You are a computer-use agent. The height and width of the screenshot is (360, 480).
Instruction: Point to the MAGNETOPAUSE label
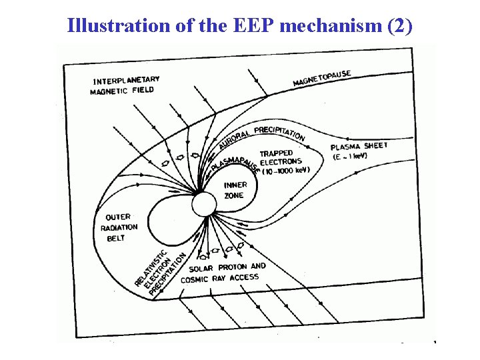coord(322,78)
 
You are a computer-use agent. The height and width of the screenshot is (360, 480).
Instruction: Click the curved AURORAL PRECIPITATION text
coord(261,135)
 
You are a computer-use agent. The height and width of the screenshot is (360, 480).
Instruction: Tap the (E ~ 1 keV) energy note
coord(350,157)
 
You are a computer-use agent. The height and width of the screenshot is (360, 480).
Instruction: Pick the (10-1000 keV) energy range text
coord(285,170)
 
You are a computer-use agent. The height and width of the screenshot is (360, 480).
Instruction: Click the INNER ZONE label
coord(235,190)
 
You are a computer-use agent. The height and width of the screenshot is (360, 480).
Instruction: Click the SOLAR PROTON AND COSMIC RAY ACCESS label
coord(223,273)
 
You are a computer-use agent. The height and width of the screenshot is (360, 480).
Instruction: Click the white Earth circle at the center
coord(204,203)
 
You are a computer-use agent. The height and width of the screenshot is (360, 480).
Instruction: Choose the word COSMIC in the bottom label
coord(195,279)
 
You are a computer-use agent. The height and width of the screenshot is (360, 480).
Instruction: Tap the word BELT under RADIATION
coord(116,238)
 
